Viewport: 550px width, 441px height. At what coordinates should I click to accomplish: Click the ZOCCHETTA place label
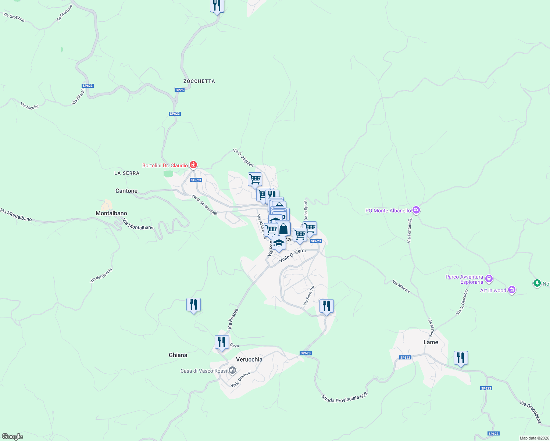pos(199,81)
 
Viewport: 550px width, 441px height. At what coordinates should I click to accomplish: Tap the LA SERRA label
pos(127,173)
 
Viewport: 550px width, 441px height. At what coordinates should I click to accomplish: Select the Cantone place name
pos(126,191)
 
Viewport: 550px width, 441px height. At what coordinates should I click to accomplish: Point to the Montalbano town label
pos(111,213)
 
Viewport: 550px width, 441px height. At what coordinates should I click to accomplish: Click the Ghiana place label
pos(178,355)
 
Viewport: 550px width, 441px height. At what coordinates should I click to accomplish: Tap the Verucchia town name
pos(249,359)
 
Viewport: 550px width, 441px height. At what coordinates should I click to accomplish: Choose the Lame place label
pos(431,342)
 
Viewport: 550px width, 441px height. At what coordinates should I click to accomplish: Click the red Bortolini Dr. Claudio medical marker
pos(193,165)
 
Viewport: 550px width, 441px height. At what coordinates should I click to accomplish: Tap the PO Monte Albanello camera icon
pos(416,211)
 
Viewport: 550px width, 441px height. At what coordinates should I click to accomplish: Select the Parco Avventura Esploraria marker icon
pos(489,279)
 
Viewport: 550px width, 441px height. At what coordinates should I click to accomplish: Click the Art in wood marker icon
pos(512,290)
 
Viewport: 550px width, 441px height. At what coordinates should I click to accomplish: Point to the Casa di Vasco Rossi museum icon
pos(232,370)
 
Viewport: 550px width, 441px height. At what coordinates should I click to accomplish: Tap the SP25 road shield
pos(179,90)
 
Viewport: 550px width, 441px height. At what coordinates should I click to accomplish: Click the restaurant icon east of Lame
pos(461,358)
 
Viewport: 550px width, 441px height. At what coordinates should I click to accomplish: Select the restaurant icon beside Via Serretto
pos(326,306)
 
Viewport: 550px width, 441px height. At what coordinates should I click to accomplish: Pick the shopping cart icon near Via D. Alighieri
pos(255,179)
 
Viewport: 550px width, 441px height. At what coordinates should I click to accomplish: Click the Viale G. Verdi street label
pos(293,255)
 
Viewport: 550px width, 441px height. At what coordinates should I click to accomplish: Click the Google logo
pos(12,437)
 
